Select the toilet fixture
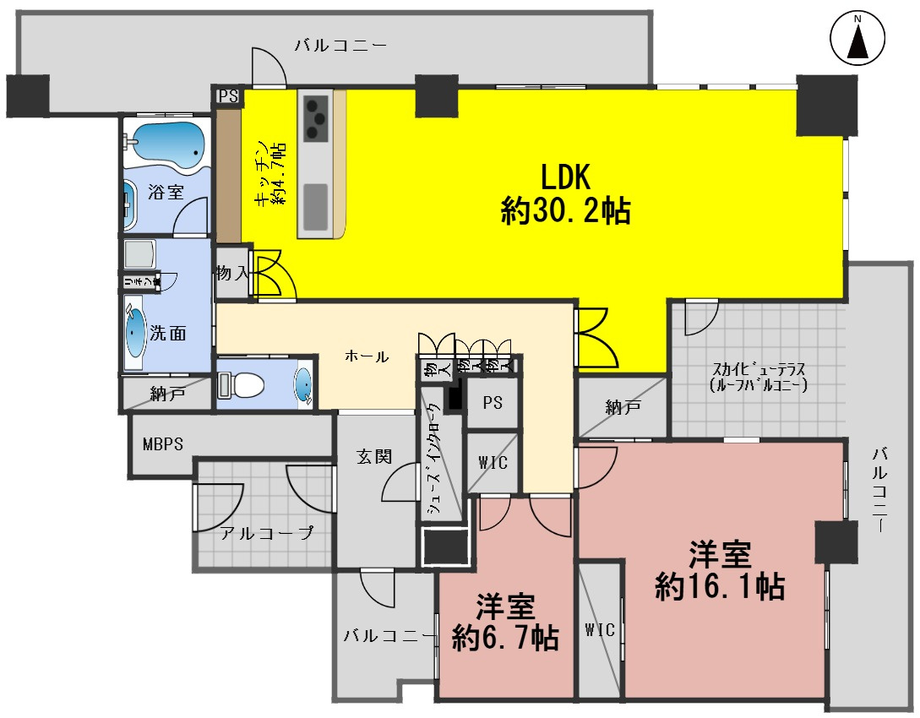click(241, 385)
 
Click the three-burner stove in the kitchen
click(316, 117)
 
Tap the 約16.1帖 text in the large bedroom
click(720, 585)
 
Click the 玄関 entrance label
click(373, 457)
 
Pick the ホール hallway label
click(367, 356)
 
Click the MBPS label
click(163, 444)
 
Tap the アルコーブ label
click(266, 533)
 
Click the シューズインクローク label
click(433, 460)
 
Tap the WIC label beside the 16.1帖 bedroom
click(600, 629)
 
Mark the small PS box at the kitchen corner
click(228, 96)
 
